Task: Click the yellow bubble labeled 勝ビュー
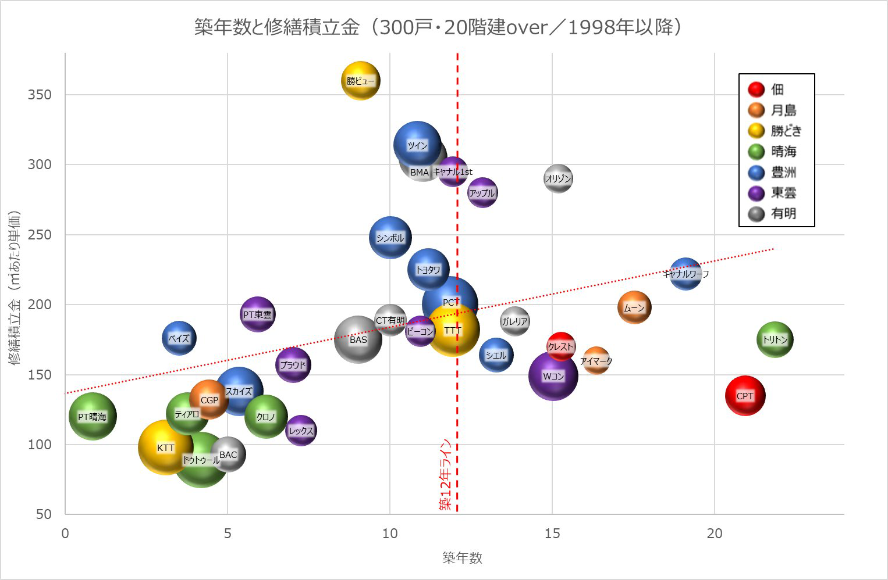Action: pos(361,81)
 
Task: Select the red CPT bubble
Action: pos(745,396)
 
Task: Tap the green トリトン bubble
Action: pos(775,340)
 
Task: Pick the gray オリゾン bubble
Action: pos(558,179)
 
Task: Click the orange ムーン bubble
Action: pos(634,307)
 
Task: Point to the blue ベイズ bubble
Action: pos(179,338)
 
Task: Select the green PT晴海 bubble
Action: pos(93,416)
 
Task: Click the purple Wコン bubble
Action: pos(553,376)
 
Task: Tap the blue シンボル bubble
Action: pos(390,238)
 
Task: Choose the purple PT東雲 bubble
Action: pos(257,314)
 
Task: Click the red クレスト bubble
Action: pos(561,346)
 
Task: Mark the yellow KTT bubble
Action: pos(166,447)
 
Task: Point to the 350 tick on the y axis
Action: pos(40,95)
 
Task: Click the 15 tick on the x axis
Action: pos(552,534)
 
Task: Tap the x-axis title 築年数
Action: pos(462,558)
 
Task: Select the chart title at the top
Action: pos(438,27)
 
